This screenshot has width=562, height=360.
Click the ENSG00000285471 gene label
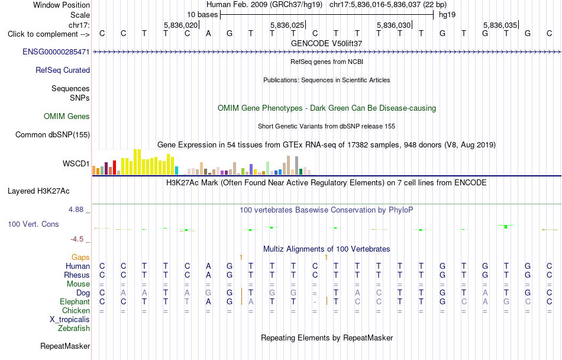point(56,52)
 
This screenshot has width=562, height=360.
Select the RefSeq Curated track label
point(63,70)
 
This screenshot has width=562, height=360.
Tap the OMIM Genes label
point(67,116)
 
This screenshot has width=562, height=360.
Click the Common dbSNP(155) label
point(53,134)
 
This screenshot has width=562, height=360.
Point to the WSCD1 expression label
point(76,163)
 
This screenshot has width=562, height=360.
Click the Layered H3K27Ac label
point(38,191)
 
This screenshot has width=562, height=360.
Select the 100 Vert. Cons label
point(33,224)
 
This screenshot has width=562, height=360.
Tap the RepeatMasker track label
point(65,346)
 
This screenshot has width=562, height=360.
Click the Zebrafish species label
point(74,328)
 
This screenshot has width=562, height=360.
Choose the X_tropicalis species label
point(70,320)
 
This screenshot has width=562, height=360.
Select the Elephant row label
point(75,301)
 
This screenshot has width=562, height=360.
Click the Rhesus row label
point(77,275)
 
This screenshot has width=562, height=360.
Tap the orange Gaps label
point(80,257)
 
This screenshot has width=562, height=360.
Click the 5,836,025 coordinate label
point(287,25)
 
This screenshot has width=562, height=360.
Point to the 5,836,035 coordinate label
point(500,25)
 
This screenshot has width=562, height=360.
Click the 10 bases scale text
point(202,15)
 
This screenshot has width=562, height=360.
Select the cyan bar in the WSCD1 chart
point(176,171)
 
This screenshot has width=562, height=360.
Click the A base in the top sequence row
point(208,34)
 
